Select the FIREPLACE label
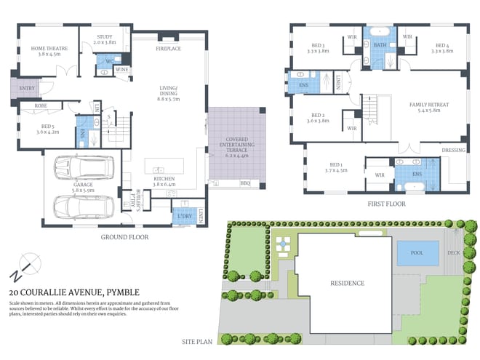[168, 48]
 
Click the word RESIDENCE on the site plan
[347, 283]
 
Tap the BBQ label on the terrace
[244, 183]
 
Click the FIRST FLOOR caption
[386, 204]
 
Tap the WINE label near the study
[122, 69]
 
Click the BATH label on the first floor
[380, 45]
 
